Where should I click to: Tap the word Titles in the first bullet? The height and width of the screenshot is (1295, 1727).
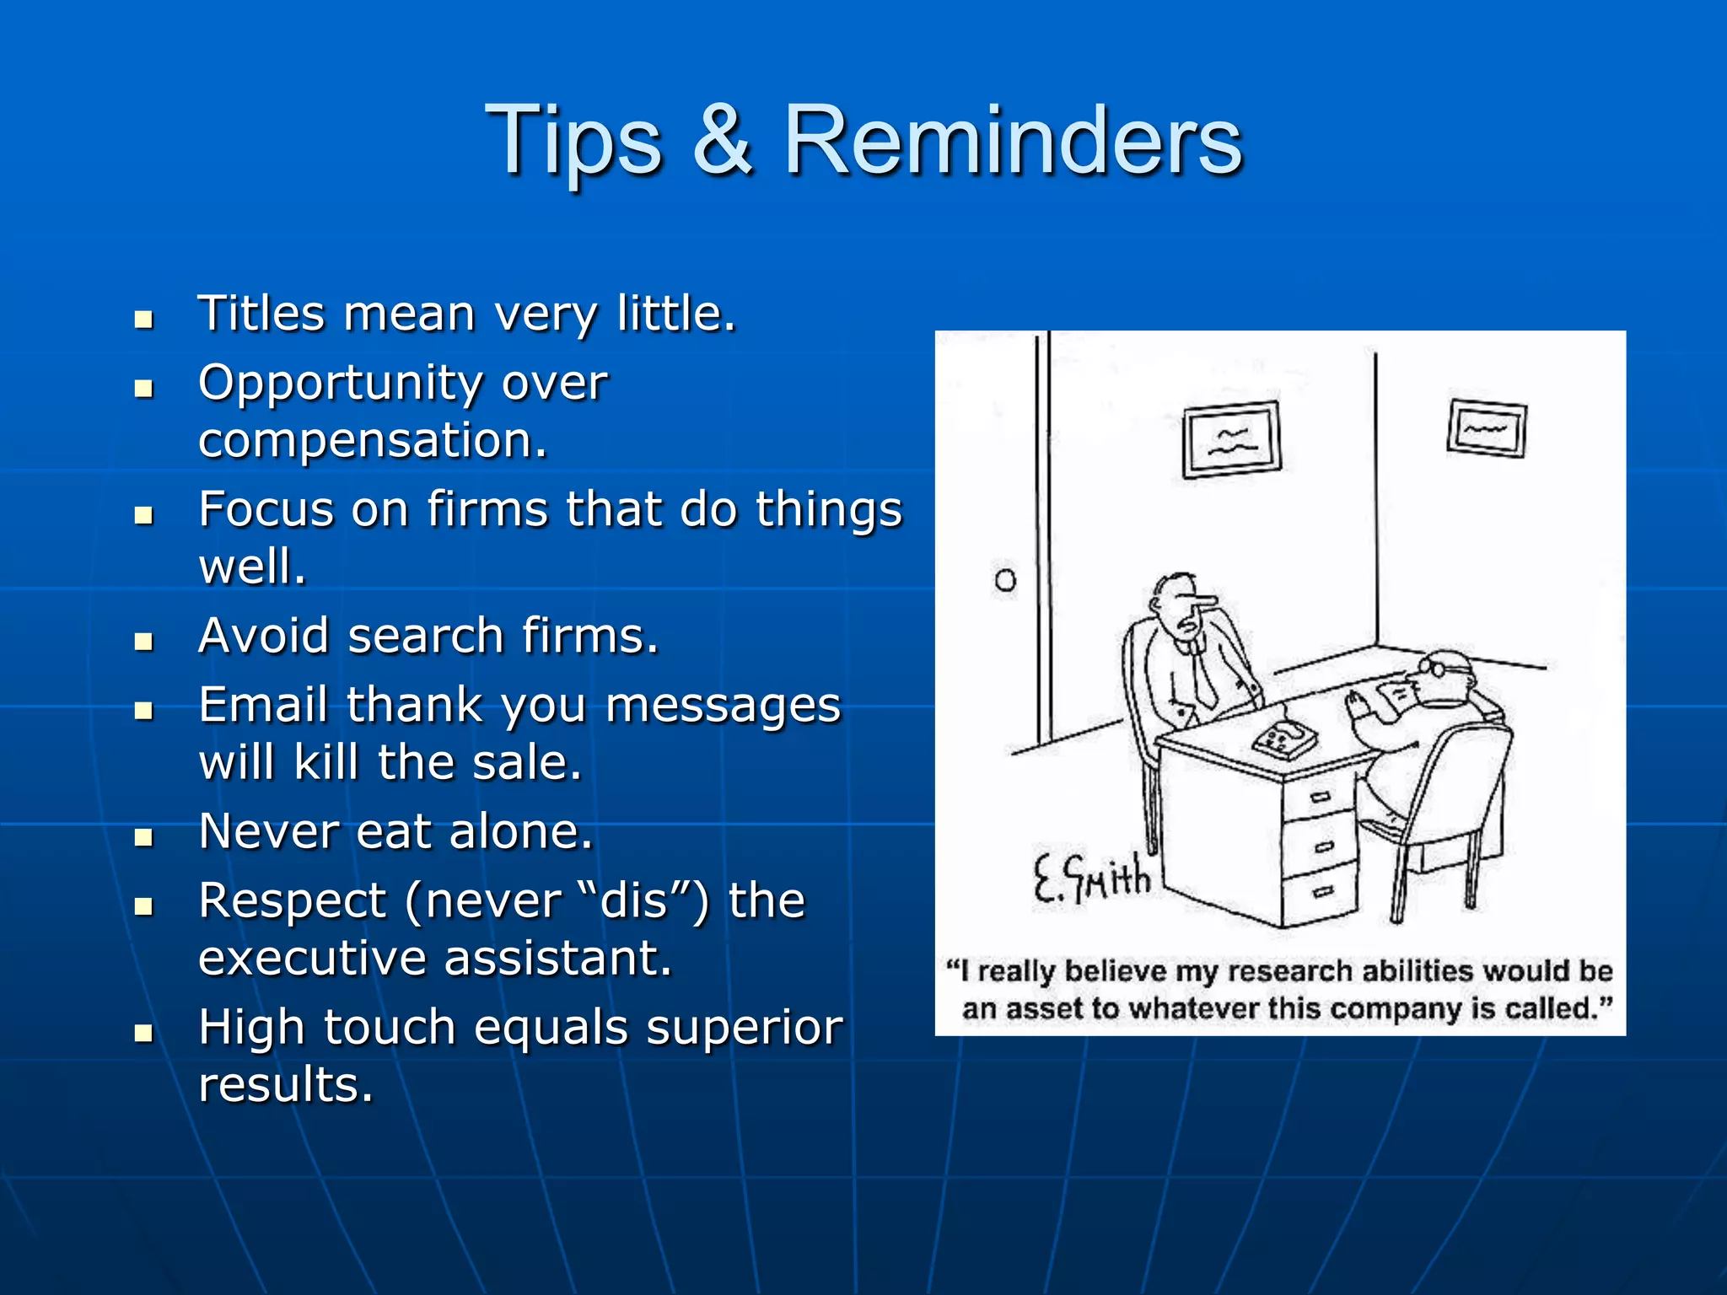point(260,314)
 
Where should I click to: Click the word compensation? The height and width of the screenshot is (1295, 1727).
point(372,440)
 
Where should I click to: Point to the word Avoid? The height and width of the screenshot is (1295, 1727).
point(263,636)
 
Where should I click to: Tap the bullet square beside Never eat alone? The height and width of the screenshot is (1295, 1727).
point(144,837)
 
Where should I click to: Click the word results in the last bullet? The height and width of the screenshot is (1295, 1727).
point(285,1084)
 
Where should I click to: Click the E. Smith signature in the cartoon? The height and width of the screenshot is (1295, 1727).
point(1092,879)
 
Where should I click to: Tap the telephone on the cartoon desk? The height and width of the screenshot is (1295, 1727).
point(1284,740)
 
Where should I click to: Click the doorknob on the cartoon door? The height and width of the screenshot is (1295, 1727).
point(1005,580)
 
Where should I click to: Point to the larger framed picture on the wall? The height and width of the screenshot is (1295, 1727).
point(1232,439)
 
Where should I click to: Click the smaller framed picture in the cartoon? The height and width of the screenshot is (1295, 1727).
point(1487,429)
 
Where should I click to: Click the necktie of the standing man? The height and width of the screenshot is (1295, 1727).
point(1203,674)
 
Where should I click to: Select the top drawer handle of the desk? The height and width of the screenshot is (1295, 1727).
point(1320,796)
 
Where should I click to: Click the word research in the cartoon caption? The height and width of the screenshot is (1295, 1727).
point(1289,971)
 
